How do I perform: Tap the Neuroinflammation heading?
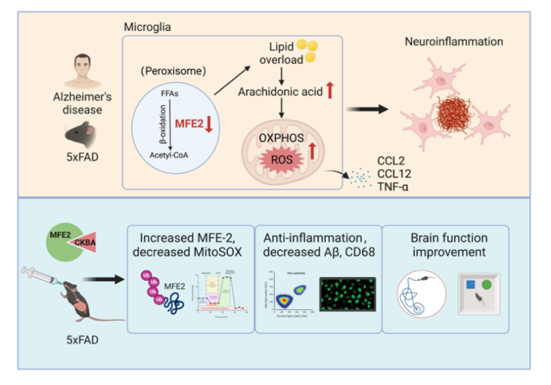(x=455, y=43)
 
